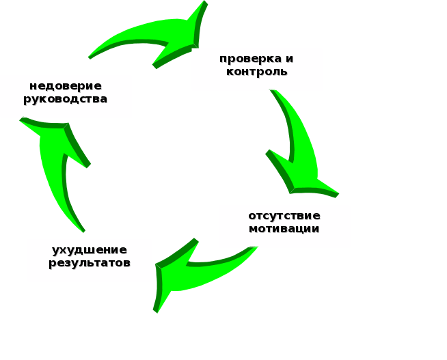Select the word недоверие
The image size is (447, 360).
[x=66, y=86]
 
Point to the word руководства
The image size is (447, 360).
[x=66, y=99]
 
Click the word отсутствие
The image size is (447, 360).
[x=284, y=216]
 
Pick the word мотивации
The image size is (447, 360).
[x=284, y=229]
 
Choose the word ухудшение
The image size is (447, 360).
[x=90, y=250]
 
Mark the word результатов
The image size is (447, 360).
[x=90, y=263]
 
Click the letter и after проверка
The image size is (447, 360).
[x=289, y=59]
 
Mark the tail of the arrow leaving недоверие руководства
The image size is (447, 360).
[x=91, y=56]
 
